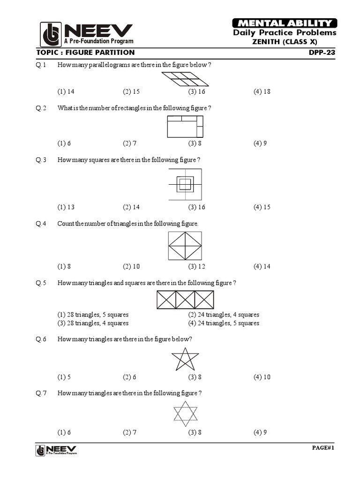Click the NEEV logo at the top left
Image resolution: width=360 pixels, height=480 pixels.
pyautogui.click(x=86, y=34)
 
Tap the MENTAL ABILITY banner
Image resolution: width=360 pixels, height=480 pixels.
pyautogui.click(x=285, y=23)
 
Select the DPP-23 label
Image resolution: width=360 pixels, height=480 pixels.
pyautogui.click(x=322, y=52)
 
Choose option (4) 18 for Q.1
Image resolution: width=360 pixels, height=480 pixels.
pyautogui.click(x=262, y=91)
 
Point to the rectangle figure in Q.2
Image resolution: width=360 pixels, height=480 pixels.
pyautogui.click(x=185, y=127)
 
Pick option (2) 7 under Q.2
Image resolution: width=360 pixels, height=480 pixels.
pyautogui.click(x=130, y=143)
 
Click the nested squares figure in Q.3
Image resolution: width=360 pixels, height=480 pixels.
pyautogui.click(x=185, y=184)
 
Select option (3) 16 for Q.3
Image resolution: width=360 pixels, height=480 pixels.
pyautogui.click(x=197, y=207)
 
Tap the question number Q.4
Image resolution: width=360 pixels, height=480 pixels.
pyautogui.click(x=41, y=224)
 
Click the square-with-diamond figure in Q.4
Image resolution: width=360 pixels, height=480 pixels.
pyautogui.click(x=185, y=246)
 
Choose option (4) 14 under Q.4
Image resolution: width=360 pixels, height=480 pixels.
pyautogui.click(x=262, y=267)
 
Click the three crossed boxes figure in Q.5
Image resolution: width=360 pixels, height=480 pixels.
pyautogui.click(x=185, y=300)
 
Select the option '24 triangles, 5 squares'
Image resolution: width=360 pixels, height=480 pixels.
pyautogui.click(x=224, y=323)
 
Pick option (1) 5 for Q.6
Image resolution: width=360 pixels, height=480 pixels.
pyautogui.click(x=64, y=377)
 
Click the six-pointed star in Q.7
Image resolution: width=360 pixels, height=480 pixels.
pyautogui.click(x=186, y=413)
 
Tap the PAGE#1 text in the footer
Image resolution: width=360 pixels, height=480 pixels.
pyautogui.click(x=323, y=448)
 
